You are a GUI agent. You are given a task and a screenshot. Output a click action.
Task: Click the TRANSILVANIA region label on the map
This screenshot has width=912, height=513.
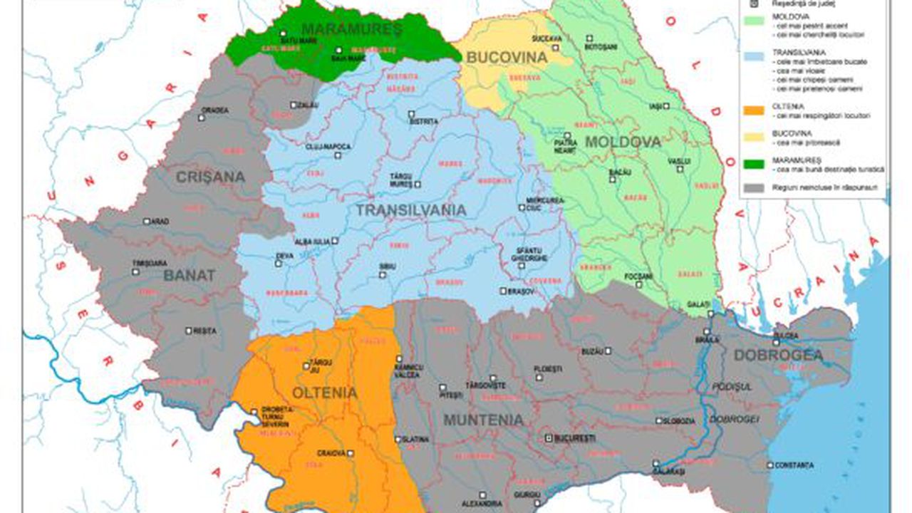(x=410, y=210)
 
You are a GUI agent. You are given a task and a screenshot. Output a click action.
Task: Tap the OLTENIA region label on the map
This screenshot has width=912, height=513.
(x=324, y=393)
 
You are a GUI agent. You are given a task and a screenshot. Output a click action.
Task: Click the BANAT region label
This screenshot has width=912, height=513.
(x=189, y=275)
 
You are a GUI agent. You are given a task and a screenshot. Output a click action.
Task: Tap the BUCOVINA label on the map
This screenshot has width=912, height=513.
(x=507, y=58)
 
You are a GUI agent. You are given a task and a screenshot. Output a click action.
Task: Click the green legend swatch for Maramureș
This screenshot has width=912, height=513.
(x=752, y=164)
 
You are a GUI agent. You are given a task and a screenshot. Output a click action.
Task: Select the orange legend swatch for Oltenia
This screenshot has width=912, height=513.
(x=752, y=110)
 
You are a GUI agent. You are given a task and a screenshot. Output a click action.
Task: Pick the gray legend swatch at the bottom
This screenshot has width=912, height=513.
(x=752, y=188)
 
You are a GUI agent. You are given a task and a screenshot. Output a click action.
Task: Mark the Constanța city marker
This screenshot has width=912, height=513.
(x=770, y=465)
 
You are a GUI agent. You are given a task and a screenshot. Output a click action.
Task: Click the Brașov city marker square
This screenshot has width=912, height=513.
(x=503, y=291)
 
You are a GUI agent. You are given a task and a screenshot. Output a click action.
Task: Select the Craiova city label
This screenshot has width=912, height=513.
(x=331, y=453)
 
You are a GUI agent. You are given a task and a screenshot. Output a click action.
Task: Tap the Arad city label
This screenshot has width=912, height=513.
(x=160, y=222)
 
